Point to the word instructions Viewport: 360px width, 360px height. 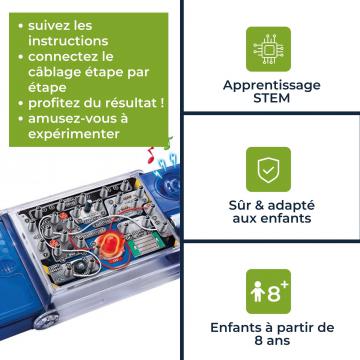(x=68, y=41)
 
